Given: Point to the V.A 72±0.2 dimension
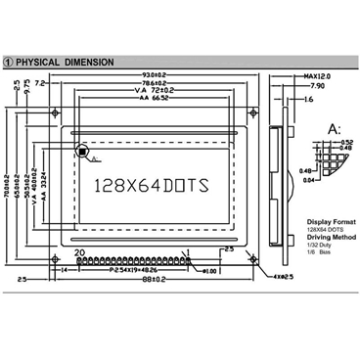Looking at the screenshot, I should [x=157, y=92].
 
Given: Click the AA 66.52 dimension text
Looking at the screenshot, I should [x=157, y=100].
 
